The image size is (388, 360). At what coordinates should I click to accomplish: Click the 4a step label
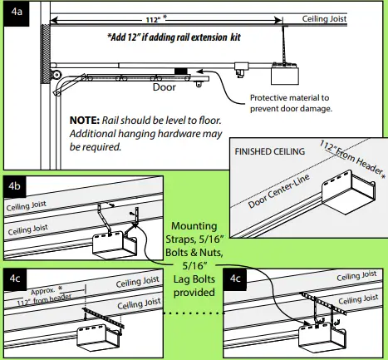tap(17, 13)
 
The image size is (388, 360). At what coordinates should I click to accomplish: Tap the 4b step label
tap(14, 186)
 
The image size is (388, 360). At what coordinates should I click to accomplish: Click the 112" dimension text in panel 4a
tap(153, 20)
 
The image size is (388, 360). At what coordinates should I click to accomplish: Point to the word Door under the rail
tap(165, 87)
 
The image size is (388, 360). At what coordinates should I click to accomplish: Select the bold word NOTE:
tap(84, 121)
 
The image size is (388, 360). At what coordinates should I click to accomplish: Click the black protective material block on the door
tap(181, 72)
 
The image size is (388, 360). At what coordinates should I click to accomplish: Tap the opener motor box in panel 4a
tap(285, 74)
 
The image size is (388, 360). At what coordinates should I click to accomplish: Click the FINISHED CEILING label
tap(270, 151)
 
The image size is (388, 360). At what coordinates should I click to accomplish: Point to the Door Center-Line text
tap(278, 191)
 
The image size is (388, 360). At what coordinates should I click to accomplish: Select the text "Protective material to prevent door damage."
tap(291, 103)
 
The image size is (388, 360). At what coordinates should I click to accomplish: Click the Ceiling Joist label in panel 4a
tap(324, 19)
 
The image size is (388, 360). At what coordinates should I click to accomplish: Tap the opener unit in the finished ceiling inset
tap(349, 193)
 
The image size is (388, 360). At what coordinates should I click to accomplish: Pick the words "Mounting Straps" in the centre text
tap(194, 232)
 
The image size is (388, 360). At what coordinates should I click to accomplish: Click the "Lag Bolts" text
tap(194, 279)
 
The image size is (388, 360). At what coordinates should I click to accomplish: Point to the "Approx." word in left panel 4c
tap(43, 291)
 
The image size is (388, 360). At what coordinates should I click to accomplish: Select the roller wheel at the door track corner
tap(56, 75)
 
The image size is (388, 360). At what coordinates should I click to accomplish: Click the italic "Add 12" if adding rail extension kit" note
tap(174, 37)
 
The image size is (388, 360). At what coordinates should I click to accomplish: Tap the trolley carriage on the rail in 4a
tap(241, 69)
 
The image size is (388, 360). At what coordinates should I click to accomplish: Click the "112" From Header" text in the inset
tap(352, 160)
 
